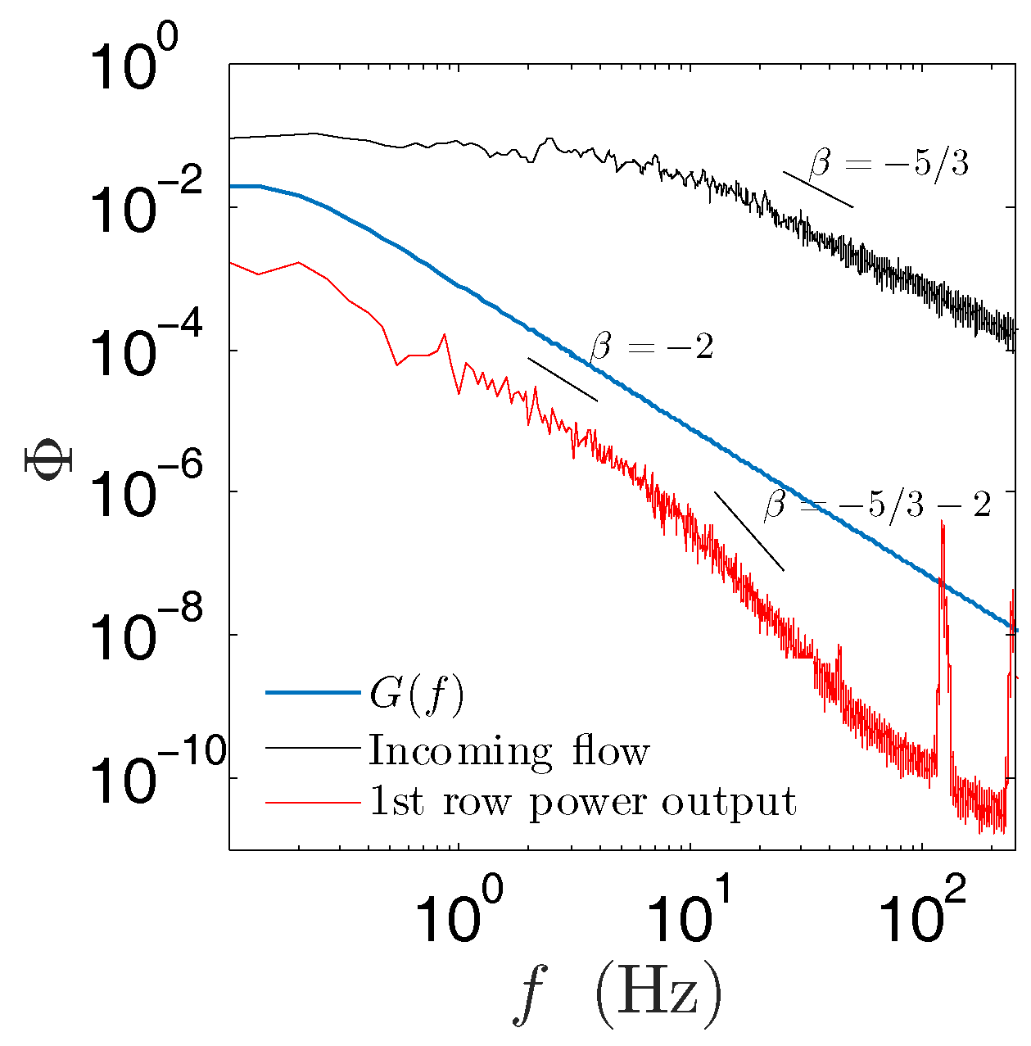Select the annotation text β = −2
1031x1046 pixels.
[x=651, y=346]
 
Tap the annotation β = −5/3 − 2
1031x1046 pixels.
[x=877, y=505]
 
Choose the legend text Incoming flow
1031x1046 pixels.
[x=509, y=750]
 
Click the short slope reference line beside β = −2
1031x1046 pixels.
[x=563, y=379]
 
